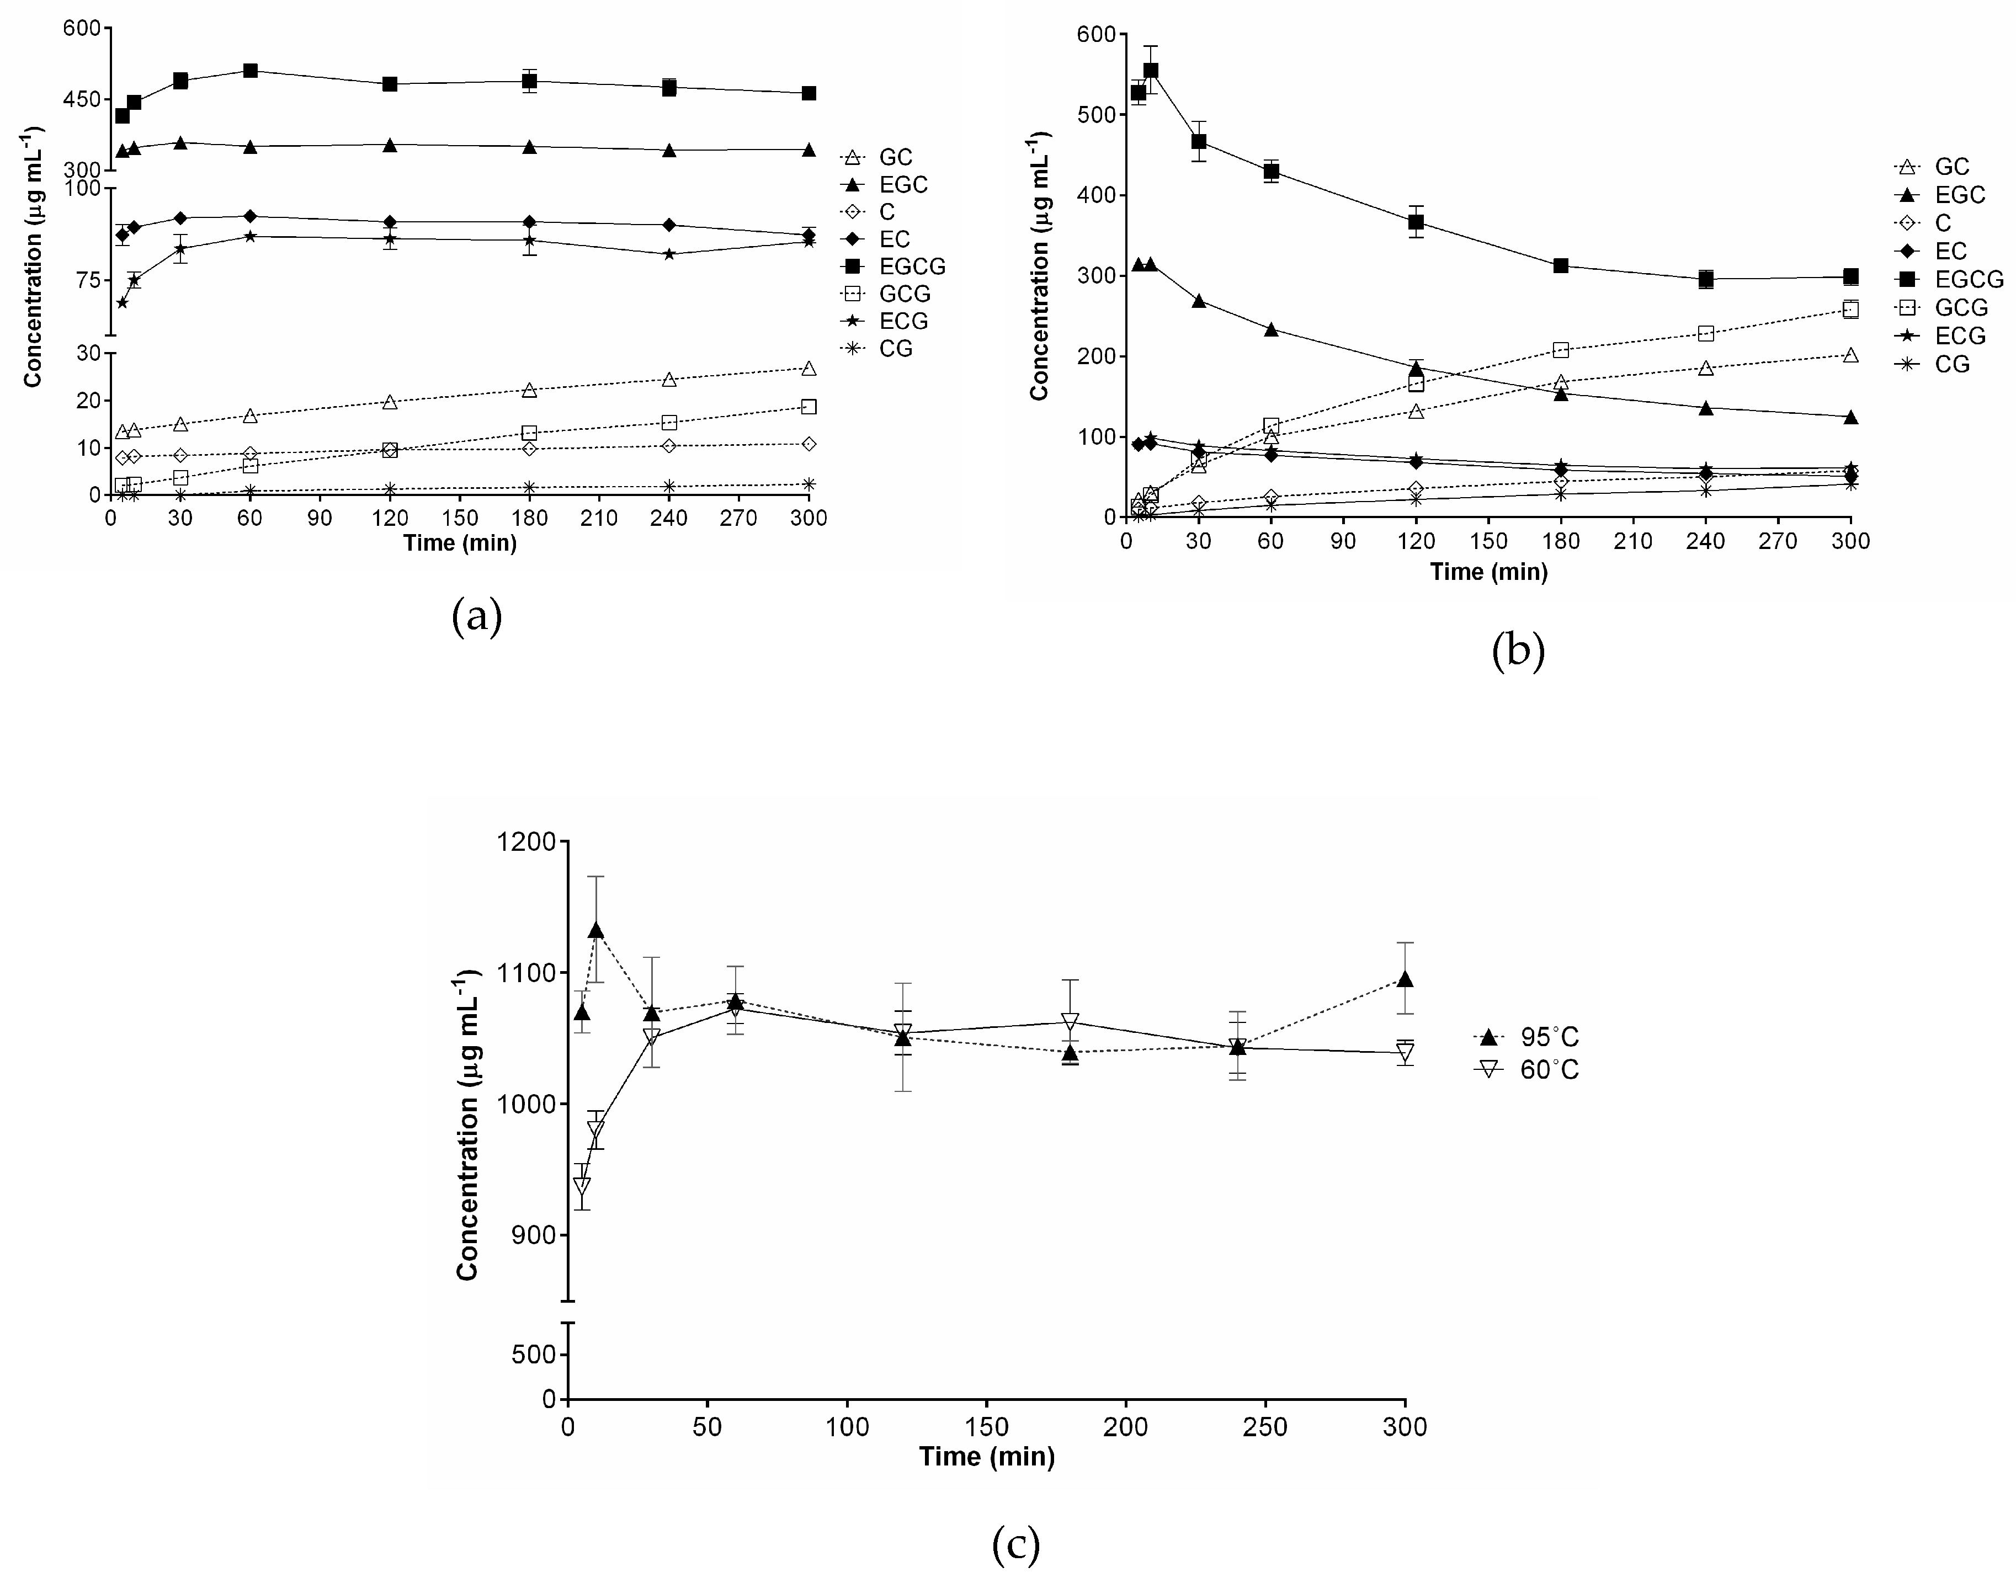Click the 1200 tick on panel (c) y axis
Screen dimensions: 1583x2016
pyautogui.click(x=530, y=843)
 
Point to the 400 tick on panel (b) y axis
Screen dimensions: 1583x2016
pyautogui.click(x=1094, y=195)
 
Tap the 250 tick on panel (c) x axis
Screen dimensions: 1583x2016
pyautogui.click(x=1265, y=1426)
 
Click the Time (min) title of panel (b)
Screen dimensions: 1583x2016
pyautogui.click(x=1488, y=572)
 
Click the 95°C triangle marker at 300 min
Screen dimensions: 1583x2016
pyautogui.click(x=1405, y=979)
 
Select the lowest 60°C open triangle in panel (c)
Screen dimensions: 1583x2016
pyautogui.click(x=582, y=1185)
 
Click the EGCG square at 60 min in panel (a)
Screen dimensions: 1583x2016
pyautogui.click(x=250, y=71)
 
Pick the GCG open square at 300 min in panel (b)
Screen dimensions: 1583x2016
pyautogui.click(x=1850, y=310)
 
